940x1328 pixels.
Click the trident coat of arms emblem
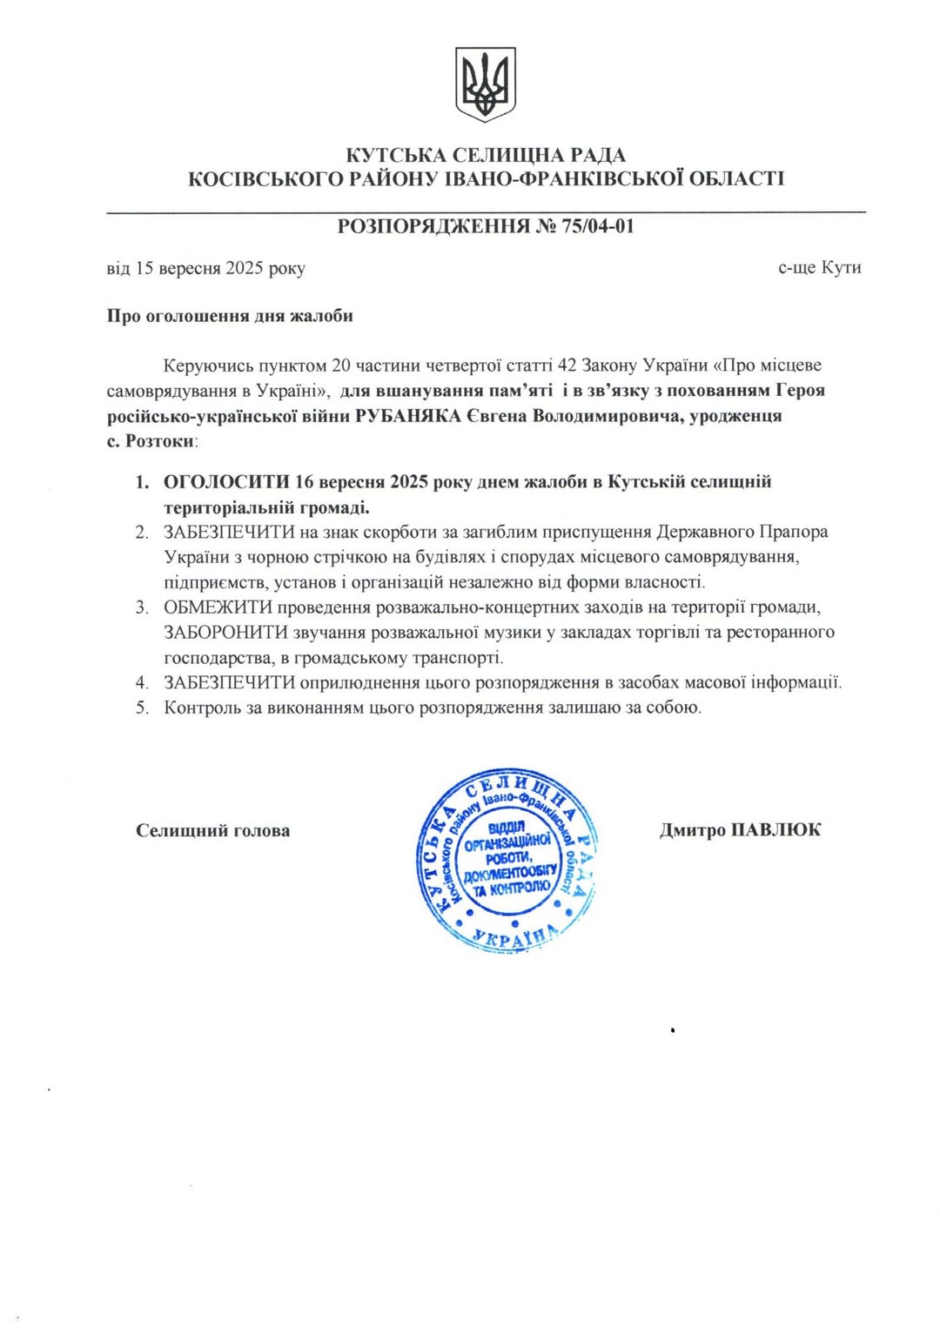(486, 84)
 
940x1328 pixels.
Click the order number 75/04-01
(598, 226)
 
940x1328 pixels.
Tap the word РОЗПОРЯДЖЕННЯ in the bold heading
(433, 226)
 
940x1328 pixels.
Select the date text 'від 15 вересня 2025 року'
(205, 268)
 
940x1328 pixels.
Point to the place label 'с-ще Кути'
(819, 267)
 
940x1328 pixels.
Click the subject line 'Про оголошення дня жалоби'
(230, 316)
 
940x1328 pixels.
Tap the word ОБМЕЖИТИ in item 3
(218, 607)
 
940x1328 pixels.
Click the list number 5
(142, 708)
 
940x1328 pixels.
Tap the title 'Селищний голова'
(213, 831)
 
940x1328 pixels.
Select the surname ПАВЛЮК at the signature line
(775, 830)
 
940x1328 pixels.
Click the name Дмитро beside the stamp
(692, 830)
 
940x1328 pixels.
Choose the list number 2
(142, 533)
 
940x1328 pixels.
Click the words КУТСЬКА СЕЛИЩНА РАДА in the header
(486, 156)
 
